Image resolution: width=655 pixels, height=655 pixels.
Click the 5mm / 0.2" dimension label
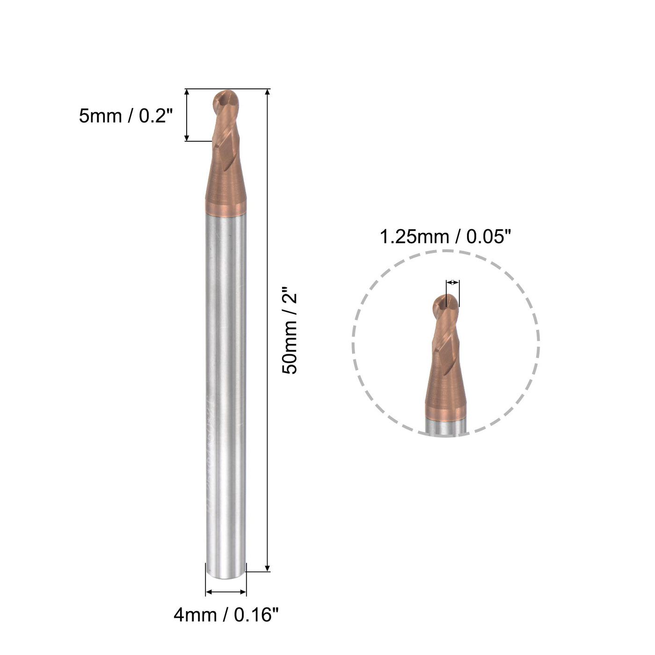pyautogui.click(x=126, y=116)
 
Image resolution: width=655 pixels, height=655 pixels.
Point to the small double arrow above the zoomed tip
pyautogui.click(x=452, y=283)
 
